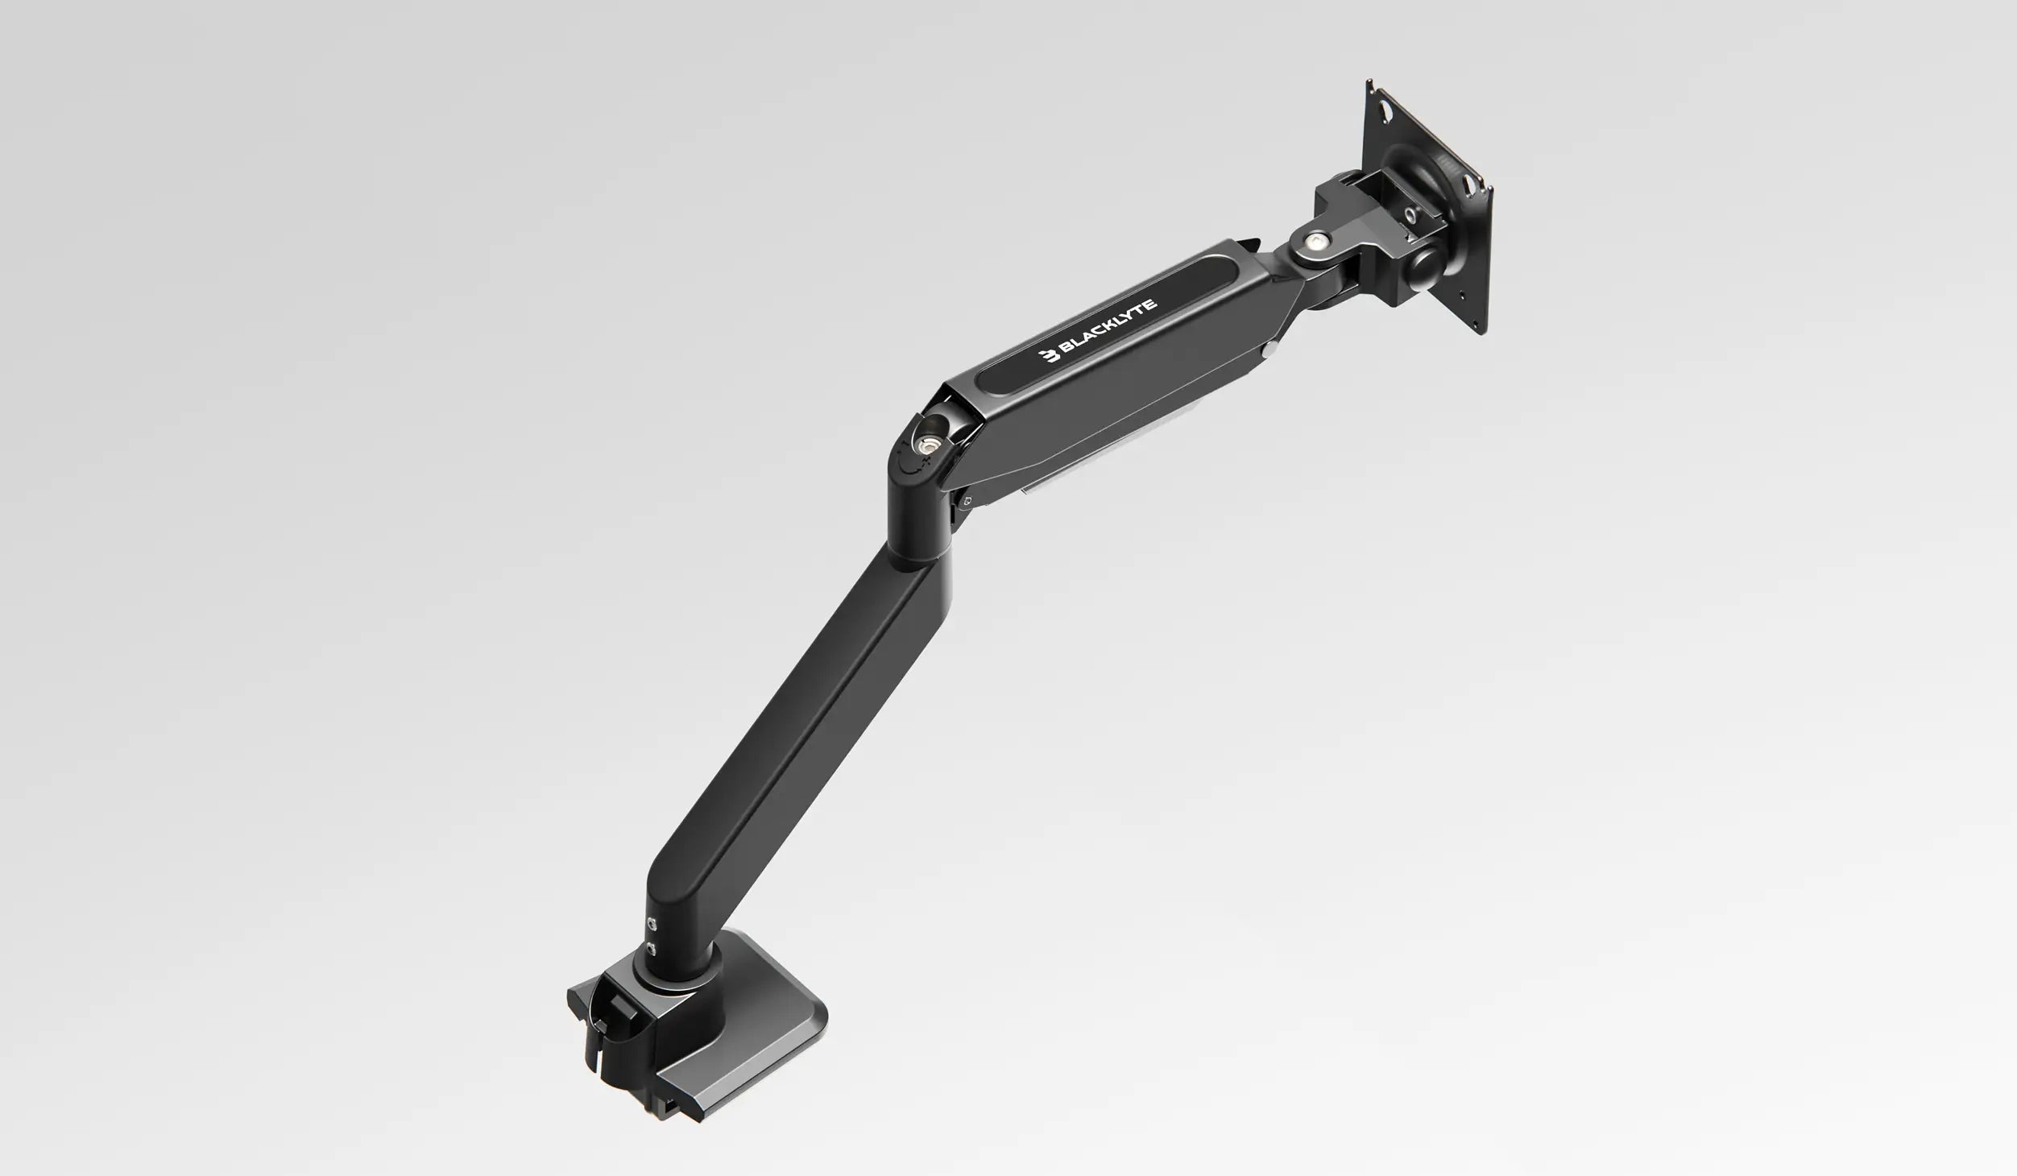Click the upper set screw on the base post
tap(653, 924)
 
